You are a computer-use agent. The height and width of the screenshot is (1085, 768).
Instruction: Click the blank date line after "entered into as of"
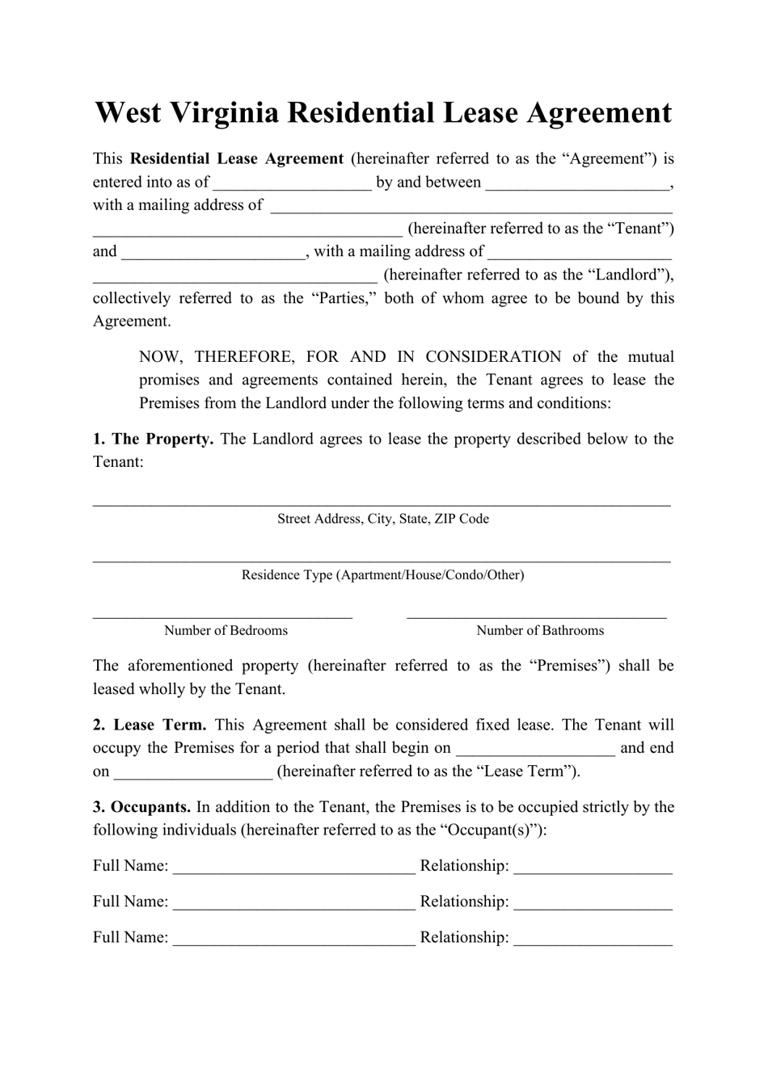tap(292, 184)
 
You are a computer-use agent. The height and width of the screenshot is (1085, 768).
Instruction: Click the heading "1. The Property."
tap(153, 439)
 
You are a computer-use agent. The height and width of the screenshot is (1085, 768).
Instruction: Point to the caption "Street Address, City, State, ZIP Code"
tap(383, 519)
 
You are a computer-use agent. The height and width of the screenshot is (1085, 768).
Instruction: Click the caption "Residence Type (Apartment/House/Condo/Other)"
tap(383, 575)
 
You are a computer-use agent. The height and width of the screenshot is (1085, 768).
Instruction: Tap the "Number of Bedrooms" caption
tap(226, 631)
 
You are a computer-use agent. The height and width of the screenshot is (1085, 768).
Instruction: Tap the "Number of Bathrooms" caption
tap(540, 631)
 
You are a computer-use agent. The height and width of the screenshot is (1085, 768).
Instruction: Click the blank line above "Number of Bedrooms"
tap(222, 616)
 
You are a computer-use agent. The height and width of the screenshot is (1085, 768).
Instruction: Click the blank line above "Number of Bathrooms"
tap(537, 616)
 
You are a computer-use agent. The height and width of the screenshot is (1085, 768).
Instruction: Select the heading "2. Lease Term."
tap(150, 725)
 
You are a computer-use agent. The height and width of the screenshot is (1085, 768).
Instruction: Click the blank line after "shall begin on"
tap(535, 751)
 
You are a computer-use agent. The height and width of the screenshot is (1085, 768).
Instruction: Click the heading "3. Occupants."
tap(142, 807)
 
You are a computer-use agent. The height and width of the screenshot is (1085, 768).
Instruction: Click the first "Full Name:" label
tap(130, 866)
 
